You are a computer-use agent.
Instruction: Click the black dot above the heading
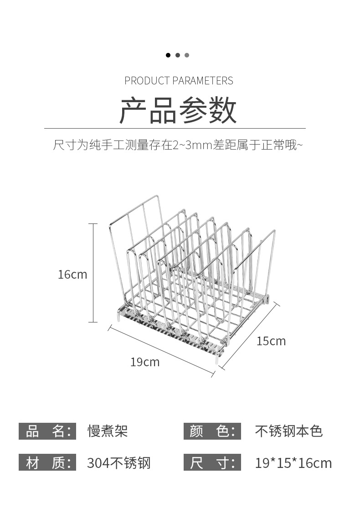(x=168, y=55)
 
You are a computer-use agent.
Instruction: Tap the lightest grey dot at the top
(x=187, y=55)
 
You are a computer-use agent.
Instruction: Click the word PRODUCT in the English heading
(x=147, y=81)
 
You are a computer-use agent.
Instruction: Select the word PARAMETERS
(x=203, y=81)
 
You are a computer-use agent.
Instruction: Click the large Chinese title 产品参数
(x=178, y=110)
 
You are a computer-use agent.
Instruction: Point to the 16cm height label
(x=72, y=275)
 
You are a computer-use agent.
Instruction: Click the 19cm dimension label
(x=145, y=362)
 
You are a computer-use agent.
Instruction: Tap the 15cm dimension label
(x=271, y=341)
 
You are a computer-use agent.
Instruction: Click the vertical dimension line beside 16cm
(x=93, y=273)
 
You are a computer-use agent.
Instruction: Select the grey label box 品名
(x=47, y=431)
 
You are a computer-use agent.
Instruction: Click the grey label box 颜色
(x=212, y=431)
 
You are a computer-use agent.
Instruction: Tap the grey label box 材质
(x=47, y=462)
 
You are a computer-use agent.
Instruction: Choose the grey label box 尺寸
(x=212, y=462)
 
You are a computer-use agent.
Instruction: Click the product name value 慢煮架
(x=107, y=431)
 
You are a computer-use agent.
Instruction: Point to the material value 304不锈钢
(x=118, y=463)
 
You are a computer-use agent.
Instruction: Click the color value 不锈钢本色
(x=288, y=431)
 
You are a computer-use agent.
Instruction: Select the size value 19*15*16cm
(x=293, y=463)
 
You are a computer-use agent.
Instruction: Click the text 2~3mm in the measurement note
(x=193, y=145)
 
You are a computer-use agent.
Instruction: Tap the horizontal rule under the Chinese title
(x=175, y=128)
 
